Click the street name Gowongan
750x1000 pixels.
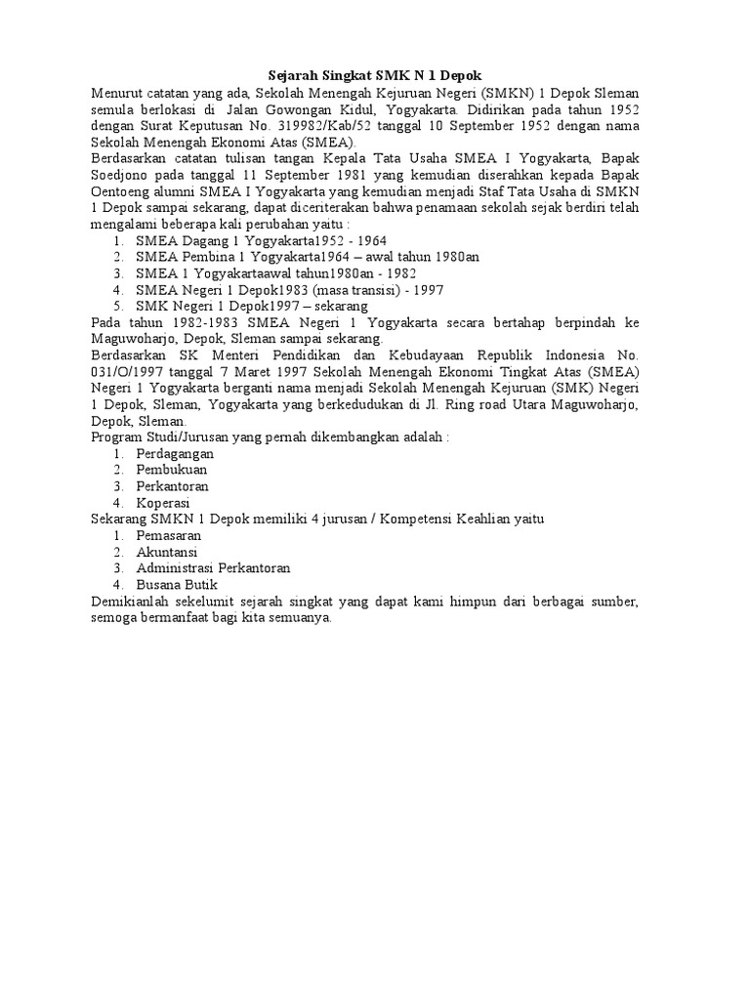click(306, 108)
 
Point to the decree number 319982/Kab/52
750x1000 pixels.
click(297, 125)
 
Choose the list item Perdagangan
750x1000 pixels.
click(175, 454)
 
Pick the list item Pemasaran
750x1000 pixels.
click(168, 536)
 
